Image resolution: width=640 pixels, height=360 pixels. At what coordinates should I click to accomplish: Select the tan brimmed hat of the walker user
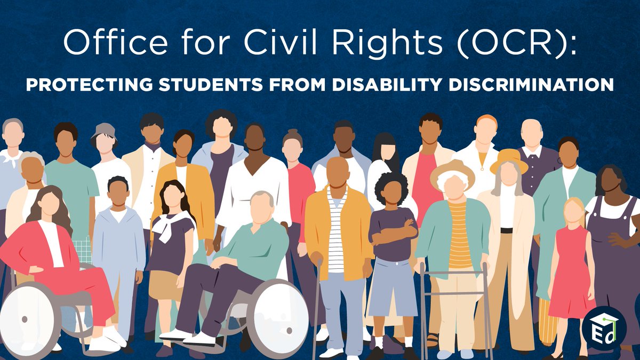[452, 170]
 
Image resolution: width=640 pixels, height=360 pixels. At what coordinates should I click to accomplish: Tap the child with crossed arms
[393, 235]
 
